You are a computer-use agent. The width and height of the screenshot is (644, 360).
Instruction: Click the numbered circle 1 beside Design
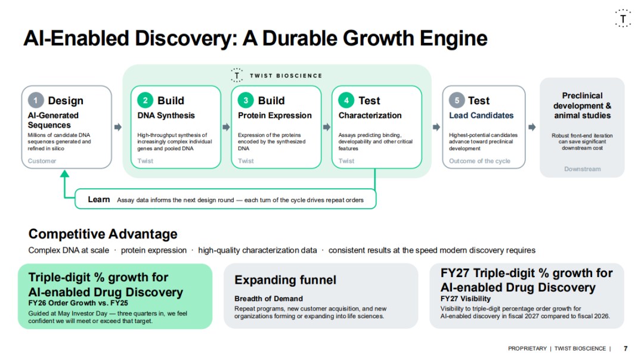coord(36,100)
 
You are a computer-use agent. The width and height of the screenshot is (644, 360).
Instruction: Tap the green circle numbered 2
coord(145,100)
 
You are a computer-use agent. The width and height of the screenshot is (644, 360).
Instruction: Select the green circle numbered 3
coord(246,100)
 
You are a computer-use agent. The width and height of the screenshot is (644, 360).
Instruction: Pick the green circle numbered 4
coord(346,100)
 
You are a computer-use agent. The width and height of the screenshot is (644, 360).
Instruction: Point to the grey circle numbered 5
coord(457,100)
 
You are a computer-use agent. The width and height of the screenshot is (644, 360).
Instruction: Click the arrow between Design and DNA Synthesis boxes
coord(118,127)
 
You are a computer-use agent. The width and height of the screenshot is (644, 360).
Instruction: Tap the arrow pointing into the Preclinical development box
coord(532,127)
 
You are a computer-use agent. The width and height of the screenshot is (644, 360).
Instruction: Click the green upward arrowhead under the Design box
coord(64,173)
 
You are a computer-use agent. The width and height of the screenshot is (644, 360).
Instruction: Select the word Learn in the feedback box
coord(99,200)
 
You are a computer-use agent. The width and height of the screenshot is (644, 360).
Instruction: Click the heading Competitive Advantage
coord(103,234)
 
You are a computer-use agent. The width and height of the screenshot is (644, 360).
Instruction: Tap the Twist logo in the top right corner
coord(623,18)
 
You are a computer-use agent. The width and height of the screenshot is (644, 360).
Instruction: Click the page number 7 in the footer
coord(626,349)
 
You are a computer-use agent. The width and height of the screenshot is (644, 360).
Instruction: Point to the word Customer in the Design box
coord(42,161)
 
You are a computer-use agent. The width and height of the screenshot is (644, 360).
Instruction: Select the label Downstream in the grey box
coord(583,169)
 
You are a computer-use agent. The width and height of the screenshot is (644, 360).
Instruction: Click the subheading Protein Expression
coord(275,116)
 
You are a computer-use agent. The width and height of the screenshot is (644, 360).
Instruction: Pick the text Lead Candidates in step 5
coord(481,116)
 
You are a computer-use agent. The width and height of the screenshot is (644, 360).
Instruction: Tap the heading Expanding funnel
coord(286,280)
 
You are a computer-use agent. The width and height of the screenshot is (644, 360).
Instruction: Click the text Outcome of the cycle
coord(479,161)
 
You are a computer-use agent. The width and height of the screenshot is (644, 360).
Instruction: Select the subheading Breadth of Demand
coord(268,299)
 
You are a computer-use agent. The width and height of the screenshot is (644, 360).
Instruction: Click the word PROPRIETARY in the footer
coord(527,349)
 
